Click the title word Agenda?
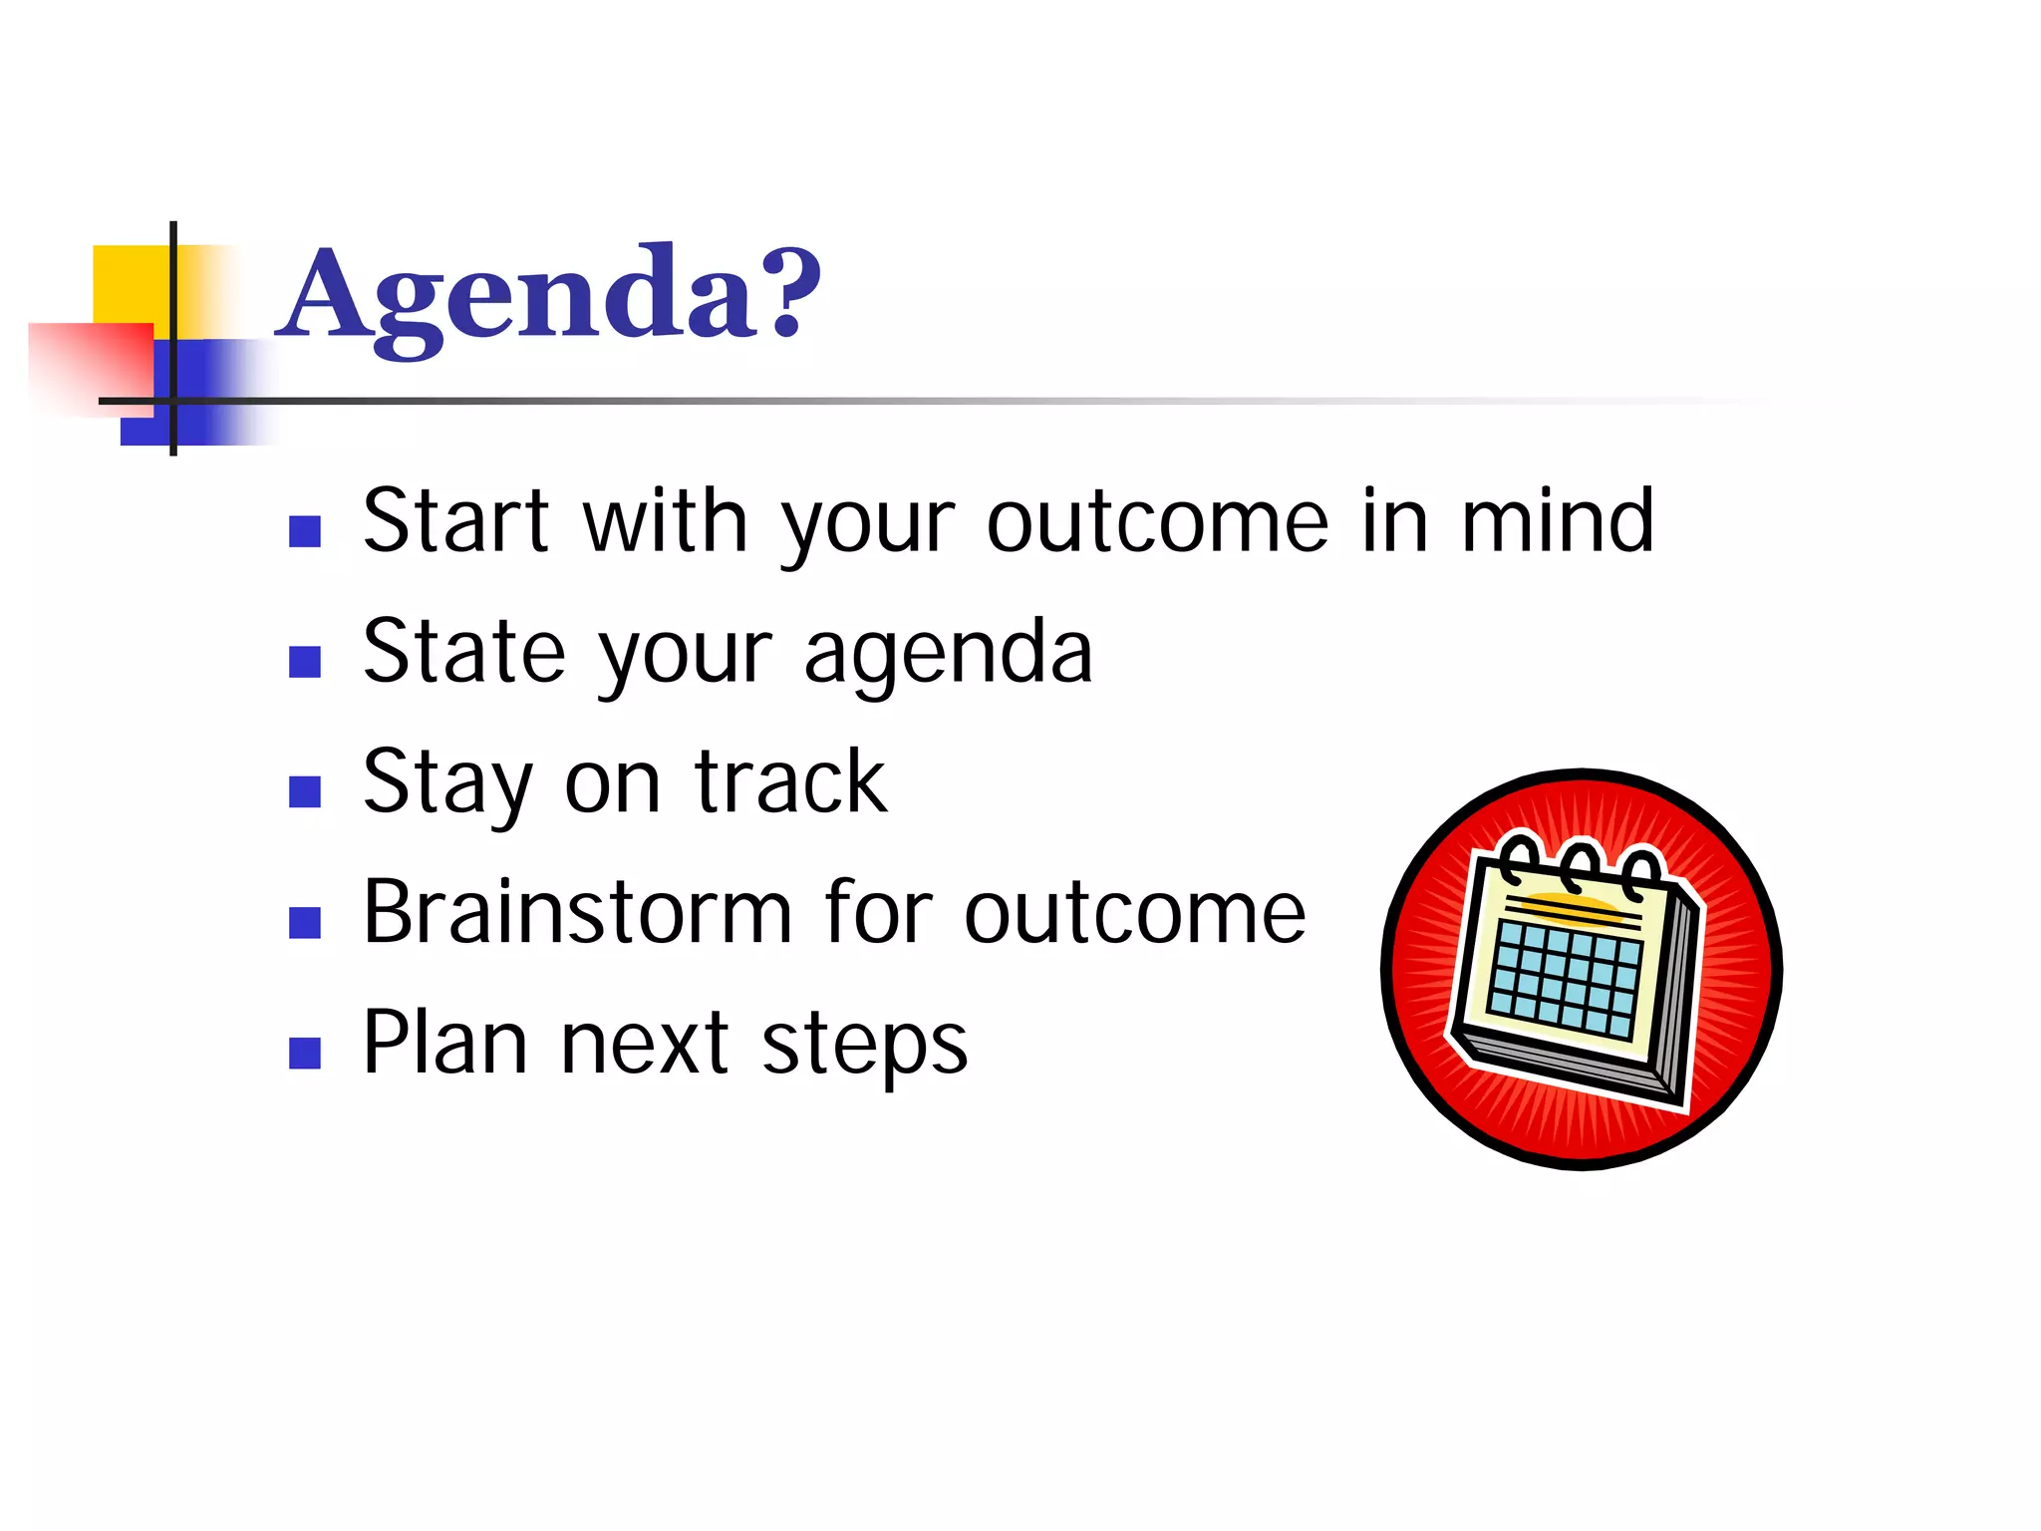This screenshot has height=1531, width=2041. pyautogui.click(x=551, y=296)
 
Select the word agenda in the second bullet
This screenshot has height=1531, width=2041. pyautogui.click(x=948, y=654)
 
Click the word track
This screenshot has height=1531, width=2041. pyautogui.click(x=790, y=782)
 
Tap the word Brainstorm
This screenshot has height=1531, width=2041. pyautogui.click(x=577, y=912)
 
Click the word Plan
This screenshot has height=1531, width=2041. pyautogui.click(x=444, y=1043)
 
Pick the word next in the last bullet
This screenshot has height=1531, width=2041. pyautogui.click(x=645, y=1044)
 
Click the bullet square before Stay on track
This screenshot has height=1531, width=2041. pyautogui.click(x=304, y=791)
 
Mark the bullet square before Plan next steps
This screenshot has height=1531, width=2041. pyautogui.click(x=304, y=1053)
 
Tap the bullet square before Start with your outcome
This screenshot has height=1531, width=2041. pyautogui.click(x=304, y=531)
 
